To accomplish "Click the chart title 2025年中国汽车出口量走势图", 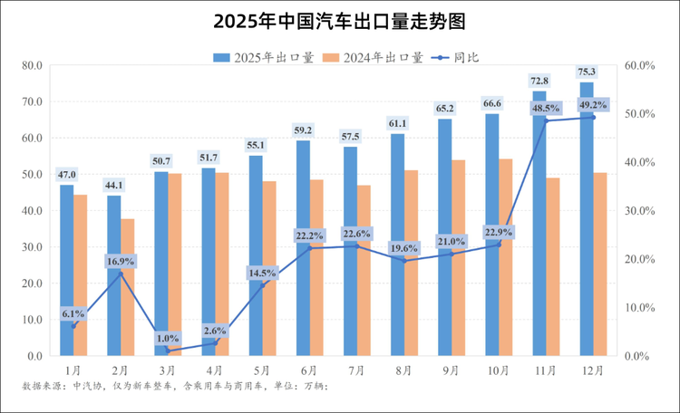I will click(340, 20).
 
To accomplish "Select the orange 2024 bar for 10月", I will click(506, 257).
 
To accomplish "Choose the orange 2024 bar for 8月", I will click(412, 263).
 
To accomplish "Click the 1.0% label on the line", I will click(168, 338).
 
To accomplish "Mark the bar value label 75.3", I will click(587, 71).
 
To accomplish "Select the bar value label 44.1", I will click(114, 185).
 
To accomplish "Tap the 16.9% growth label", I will click(121, 261).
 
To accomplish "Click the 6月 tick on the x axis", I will click(309, 370).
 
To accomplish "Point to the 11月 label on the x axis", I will click(546, 370).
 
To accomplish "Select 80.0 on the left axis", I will click(33, 65).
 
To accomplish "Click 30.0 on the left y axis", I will click(33, 247).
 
